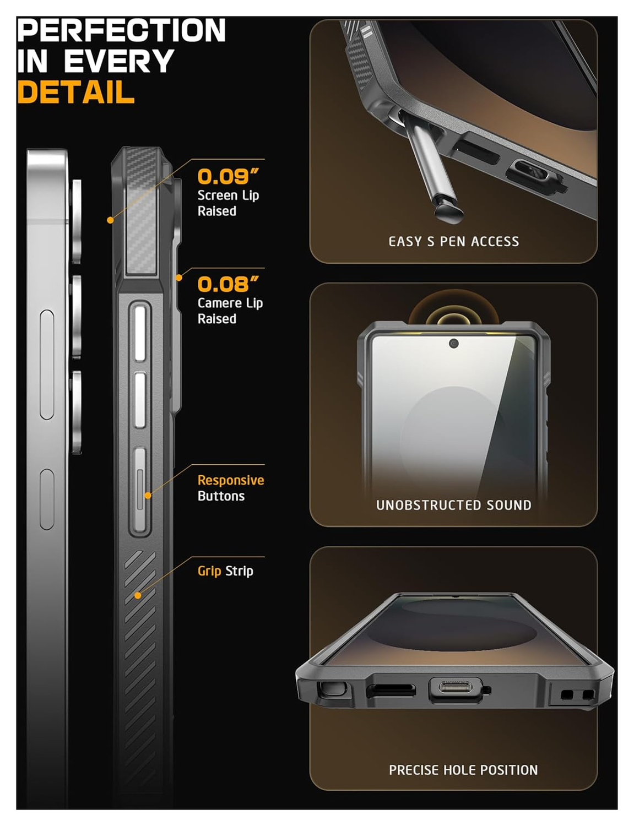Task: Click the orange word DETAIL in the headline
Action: click(x=76, y=92)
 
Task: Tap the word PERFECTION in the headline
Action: click(x=121, y=30)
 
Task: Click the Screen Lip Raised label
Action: click(x=228, y=203)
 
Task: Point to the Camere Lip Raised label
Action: click(x=230, y=311)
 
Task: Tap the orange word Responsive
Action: click(x=230, y=480)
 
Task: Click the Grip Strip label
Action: click(x=225, y=571)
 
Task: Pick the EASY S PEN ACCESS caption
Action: click(x=453, y=242)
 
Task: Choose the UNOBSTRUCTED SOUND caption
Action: click(x=453, y=505)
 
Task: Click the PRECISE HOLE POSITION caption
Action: click(x=463, y=770)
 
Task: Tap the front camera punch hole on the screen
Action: click(x=454, y=344)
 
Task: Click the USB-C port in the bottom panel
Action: click(x=455, y=688)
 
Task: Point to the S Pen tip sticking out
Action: click(x=449, y=211)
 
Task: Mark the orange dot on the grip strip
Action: click(x=138, y=595)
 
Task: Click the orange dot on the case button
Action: click(x=148, y=496)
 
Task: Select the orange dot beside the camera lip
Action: click(x=179, y=278)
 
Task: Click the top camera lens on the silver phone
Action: click(x=77, y=220)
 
